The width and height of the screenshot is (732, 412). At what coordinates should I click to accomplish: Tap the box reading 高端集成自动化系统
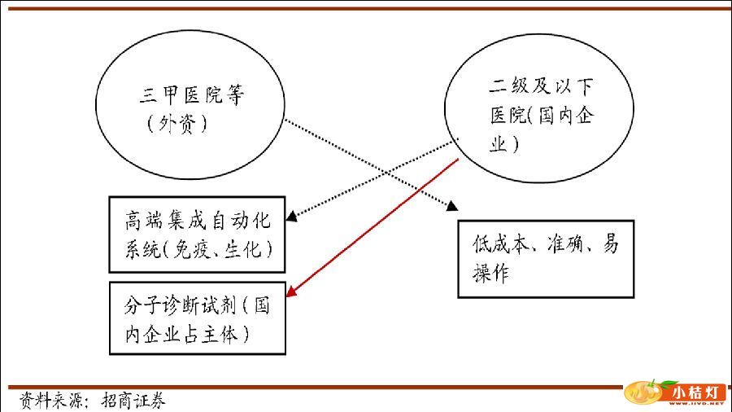point(197,234)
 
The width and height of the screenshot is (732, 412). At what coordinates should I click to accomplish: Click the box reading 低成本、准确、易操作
point(546,258)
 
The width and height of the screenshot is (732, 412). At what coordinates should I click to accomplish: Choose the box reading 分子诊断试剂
point(197,318)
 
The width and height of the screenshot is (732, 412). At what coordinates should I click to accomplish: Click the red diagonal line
point(374,227)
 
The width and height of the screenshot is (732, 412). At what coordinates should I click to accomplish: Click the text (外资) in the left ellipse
point(178,124)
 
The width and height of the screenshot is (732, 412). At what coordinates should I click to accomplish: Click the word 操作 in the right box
point(491,274)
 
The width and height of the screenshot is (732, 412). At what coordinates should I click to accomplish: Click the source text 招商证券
point(133,401)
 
